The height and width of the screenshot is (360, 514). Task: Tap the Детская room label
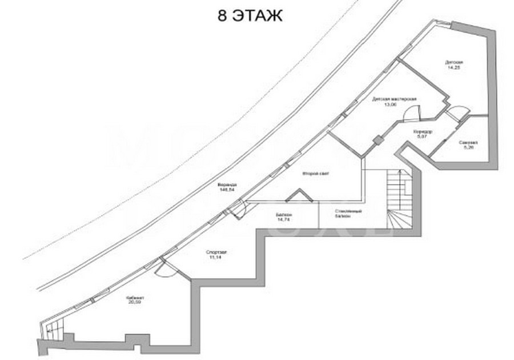[x=454, y=62]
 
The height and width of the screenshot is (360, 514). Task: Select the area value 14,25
[x=454, y=68]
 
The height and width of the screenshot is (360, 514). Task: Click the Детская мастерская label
[x=394, y=99]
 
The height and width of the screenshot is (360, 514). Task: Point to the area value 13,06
[x=390, y=105]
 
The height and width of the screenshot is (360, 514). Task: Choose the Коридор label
[x=423, y=132]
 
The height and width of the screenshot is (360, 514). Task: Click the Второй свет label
[x=316, y=173]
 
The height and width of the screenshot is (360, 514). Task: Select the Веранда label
[x=227, y=185]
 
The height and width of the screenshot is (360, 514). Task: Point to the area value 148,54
[x=227, y=190]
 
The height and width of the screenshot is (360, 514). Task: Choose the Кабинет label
[x=136, y=297]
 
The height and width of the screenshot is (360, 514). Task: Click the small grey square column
[x=378, y=140]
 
